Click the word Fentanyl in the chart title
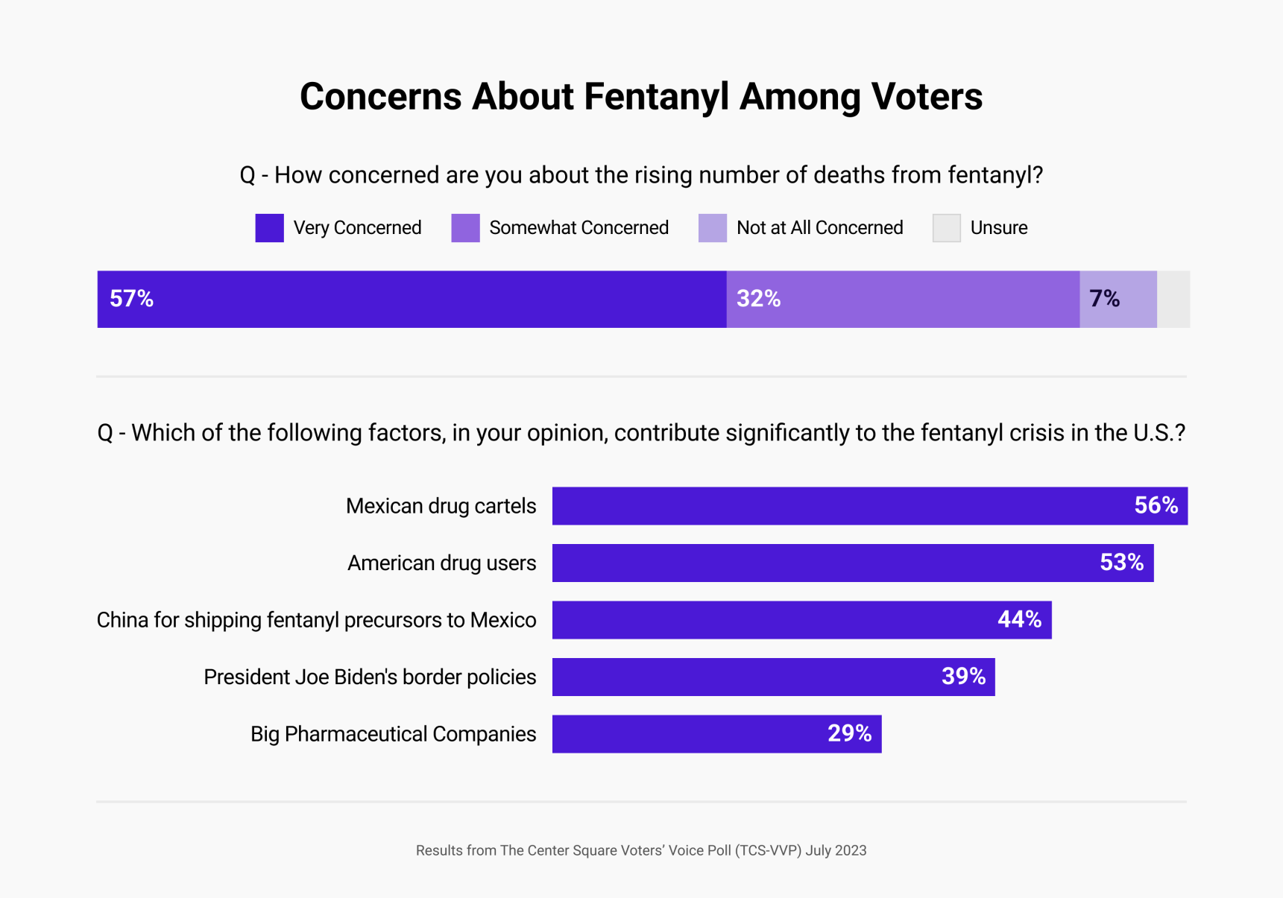(x=657, y=97)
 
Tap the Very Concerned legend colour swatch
(x=269, y=228)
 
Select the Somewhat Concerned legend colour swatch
(x=465, y=228)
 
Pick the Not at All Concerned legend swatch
(x=712, y=228)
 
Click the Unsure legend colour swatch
(x=946, y=228)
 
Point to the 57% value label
(x=132, y=299)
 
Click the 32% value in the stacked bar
(x=758, y=299)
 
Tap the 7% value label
(x=1104, y=299)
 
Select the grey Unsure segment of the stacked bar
(x=1173, y=299)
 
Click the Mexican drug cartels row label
(x=441, y=506)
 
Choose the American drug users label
(x=441, y=563)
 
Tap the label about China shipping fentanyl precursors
(x=316, y=620)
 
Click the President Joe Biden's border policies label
(x=370, y=677)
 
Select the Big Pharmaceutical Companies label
(x=393, y=734)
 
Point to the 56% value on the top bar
(x=1156, y=505)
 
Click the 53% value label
(x=1121, y=562)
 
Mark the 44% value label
(x=1019, y=619)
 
